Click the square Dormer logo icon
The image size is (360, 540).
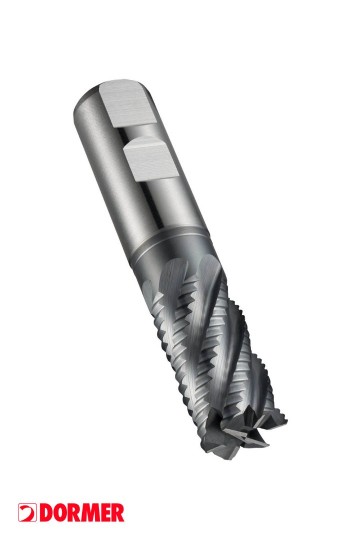[27, 513]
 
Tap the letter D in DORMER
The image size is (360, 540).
[46, 513]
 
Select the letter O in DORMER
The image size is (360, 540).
[60, 513]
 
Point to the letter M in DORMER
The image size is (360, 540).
[90, 513]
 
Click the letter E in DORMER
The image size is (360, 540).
[105, 513]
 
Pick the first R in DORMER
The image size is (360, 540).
[74, 513]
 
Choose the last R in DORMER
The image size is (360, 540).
[118, 513]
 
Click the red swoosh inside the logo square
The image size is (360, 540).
[28, 513]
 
